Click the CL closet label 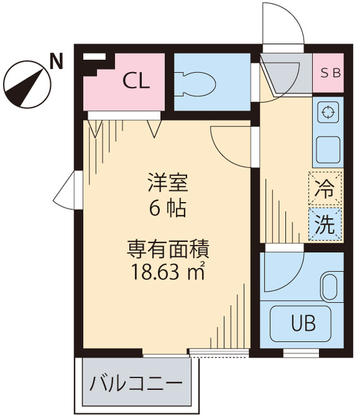(x=136, y=82)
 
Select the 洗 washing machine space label (x=326, y=224)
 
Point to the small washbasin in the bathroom (x=329, y=287)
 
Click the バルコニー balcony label (x=136, y=383)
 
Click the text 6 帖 (x=166, y=208)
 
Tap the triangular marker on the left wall (x=67, y=191)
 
